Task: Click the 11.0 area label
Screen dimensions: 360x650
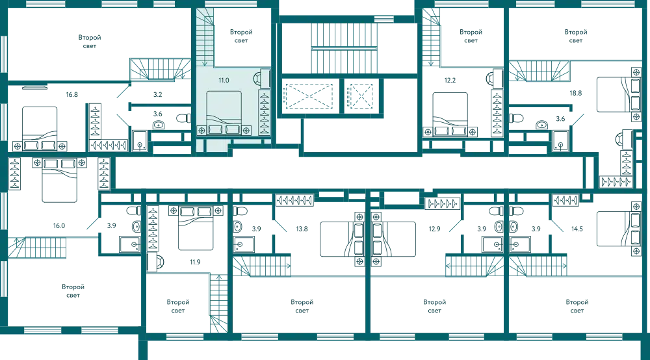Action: coord(224,81)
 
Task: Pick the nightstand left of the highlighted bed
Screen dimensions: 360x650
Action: coord(201,131)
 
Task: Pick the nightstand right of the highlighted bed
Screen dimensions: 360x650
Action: coord(247,131)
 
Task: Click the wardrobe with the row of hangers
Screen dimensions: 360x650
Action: coord(265,112)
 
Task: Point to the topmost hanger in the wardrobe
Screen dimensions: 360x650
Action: coord(265,96)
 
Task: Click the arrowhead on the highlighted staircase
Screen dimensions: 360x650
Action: coord(205,64)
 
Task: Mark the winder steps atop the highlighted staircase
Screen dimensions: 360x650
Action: coord(207,16)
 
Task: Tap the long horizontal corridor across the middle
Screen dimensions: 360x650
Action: coord(351,174)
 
